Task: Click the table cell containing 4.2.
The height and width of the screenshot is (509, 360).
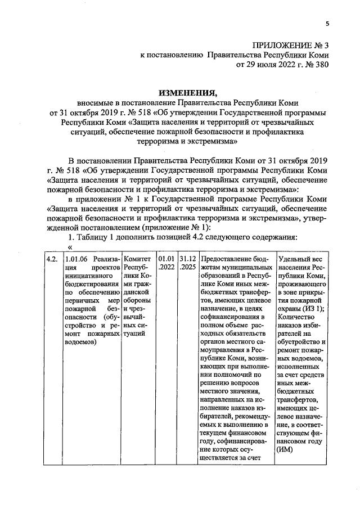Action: [52, 259]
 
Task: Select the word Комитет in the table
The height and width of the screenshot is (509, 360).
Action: [136, 259]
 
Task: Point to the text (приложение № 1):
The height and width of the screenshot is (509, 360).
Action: [176, 227]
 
